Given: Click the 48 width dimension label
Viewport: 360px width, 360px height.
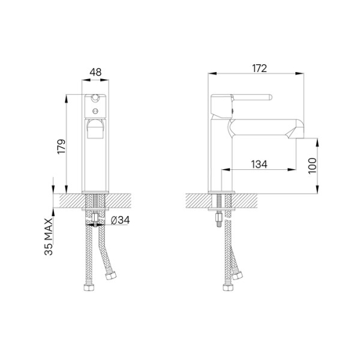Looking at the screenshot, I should click(95, 72).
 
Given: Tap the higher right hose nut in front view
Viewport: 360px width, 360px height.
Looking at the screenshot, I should click(110, 278).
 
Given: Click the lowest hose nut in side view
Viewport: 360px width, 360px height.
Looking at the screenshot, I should click(227, 288).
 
